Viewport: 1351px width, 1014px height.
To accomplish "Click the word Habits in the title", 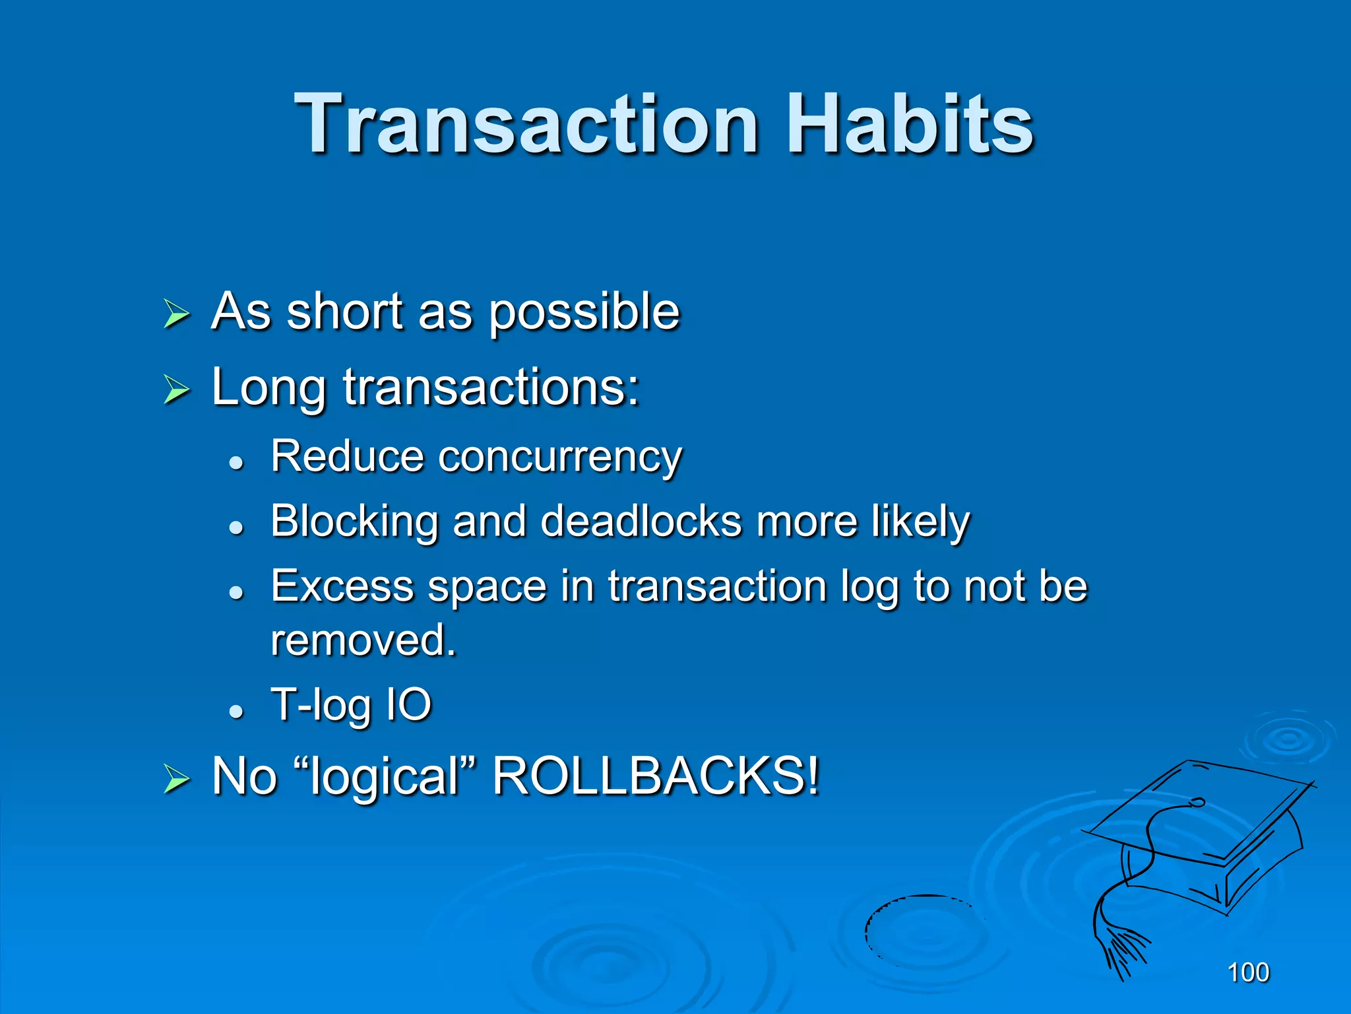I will point(910,124).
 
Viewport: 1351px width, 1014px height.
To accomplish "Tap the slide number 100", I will point(1248,972).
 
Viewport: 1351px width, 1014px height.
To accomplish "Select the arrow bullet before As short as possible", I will point(176,314).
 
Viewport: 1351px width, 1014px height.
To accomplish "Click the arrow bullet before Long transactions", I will point(176,389).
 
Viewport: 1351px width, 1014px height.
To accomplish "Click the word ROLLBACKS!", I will point(656,776).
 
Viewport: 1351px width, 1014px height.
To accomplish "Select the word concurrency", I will point(560,457).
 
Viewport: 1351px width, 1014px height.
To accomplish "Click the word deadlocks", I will point(641,522).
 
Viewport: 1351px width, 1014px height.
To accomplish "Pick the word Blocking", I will point(354,522).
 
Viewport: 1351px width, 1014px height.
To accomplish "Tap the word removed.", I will point(363,640).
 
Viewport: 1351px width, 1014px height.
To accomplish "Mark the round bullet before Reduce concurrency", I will point(236,463).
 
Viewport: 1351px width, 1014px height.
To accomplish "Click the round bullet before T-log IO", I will point(236,712).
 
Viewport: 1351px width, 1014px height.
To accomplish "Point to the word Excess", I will point(342,586).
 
